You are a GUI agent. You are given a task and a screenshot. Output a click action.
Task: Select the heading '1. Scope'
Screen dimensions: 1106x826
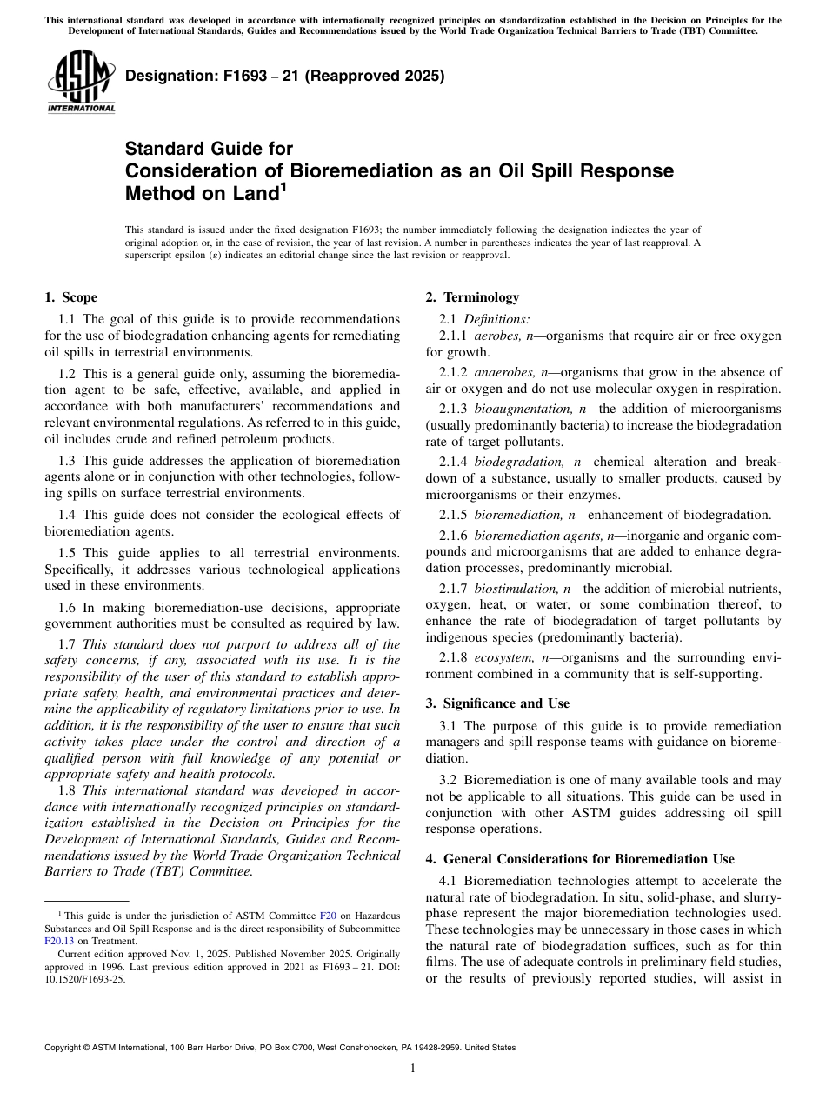tap(70, 297)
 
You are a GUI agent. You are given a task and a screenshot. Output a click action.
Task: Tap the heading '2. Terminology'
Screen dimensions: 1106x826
tap(472, 297)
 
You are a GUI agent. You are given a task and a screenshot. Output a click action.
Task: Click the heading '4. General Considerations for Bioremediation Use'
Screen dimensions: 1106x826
tap(580, 859)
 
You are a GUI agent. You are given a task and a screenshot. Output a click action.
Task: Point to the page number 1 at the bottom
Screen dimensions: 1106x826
tap(413, 1069)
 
